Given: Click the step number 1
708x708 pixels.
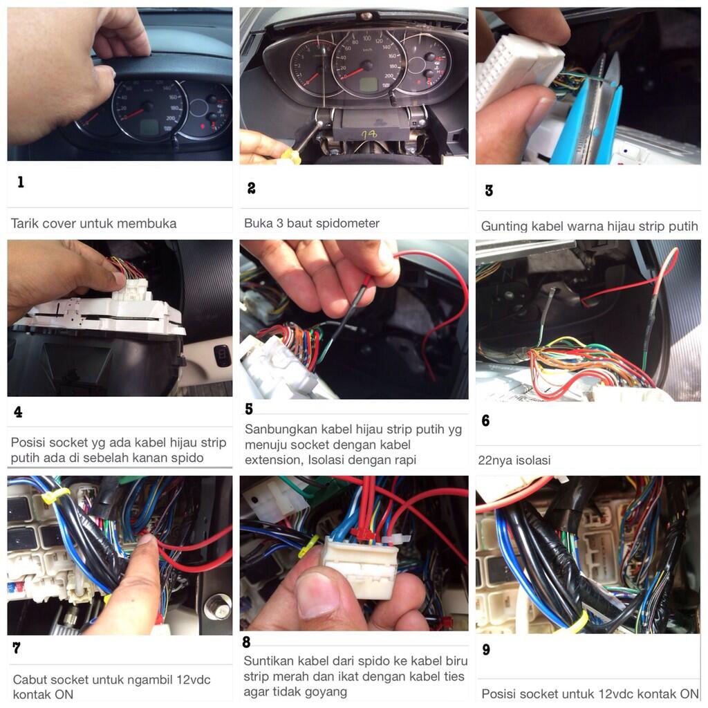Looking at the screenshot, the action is point(20,182).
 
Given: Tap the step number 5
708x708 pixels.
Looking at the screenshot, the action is point(249,409).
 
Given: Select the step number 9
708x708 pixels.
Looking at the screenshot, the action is point(486,649).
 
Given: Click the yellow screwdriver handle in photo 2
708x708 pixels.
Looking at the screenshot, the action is point(291,156).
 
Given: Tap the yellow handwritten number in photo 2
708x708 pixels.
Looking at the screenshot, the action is point(369,134).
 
